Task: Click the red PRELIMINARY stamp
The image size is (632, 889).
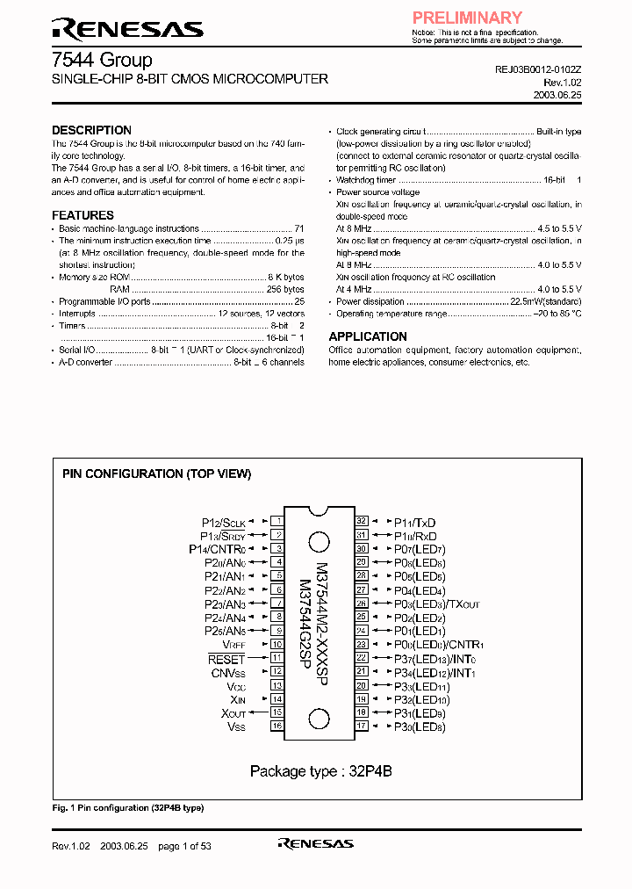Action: point(467,18)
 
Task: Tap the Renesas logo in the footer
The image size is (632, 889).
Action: point(315,843)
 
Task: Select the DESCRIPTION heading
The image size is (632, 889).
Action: point(91,130)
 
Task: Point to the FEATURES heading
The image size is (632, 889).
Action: point(83,215)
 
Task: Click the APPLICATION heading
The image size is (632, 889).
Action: point(368,336)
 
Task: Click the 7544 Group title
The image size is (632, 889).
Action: point(102,60)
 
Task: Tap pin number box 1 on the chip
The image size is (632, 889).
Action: point(276,520)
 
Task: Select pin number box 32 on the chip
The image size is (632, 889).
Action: point(361,520)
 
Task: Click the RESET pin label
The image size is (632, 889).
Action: point(226,658)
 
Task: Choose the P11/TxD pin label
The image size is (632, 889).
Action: point(414,521)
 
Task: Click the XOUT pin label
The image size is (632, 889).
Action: point(233,713)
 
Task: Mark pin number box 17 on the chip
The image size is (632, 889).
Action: point(361,726)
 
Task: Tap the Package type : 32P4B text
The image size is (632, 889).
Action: point(320,771)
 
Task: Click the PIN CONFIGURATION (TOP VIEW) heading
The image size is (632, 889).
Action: point(156,473)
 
